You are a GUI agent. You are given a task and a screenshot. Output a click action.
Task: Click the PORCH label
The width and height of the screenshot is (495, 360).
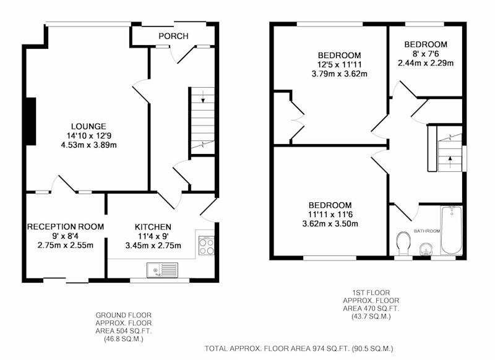click(x=173, y=36)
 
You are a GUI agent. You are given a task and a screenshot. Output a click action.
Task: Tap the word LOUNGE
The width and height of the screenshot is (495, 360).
click(x=88, y=127)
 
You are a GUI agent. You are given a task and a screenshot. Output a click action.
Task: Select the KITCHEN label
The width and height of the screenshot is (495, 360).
click(x=153, y=227)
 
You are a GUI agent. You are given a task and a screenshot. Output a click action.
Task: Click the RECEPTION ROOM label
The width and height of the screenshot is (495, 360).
click(x=66, y=227)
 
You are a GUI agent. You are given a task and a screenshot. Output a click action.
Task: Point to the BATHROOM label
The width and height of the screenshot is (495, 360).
click(x=427, y=231)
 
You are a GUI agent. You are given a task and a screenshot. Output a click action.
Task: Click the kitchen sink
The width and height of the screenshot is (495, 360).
click(x=162, y=270)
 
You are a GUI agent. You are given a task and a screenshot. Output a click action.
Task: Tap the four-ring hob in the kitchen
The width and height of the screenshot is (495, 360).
click(x=206, y=246)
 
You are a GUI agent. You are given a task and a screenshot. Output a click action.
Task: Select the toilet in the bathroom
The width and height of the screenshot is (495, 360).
click(x=403, y=243)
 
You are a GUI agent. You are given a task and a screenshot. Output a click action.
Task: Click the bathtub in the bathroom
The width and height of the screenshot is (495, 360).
click(x=452, y=230)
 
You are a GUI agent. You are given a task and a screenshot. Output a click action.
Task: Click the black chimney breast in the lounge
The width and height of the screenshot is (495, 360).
click(x=30, y=121)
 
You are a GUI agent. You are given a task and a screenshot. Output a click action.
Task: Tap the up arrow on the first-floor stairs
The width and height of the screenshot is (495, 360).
click(x=450, y=162)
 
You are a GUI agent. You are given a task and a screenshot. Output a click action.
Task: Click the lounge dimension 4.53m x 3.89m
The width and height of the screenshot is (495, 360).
click(x=88, y=145)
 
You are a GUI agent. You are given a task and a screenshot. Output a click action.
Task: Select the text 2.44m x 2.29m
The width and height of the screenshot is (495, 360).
click(x=426, y=63)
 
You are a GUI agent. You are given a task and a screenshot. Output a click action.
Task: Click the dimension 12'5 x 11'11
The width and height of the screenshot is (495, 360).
click(x=339, y=65)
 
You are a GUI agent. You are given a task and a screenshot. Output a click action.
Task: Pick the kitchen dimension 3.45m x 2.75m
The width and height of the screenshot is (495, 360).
click(x=153, y=246)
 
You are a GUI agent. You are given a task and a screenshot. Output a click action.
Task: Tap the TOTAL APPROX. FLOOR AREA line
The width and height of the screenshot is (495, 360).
click(x=299, y=349)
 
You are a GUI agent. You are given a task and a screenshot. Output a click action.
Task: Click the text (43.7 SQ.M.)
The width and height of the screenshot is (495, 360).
click(x=371, y=316)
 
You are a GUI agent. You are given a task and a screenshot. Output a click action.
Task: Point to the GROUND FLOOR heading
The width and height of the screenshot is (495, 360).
click(x=123, y=315)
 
